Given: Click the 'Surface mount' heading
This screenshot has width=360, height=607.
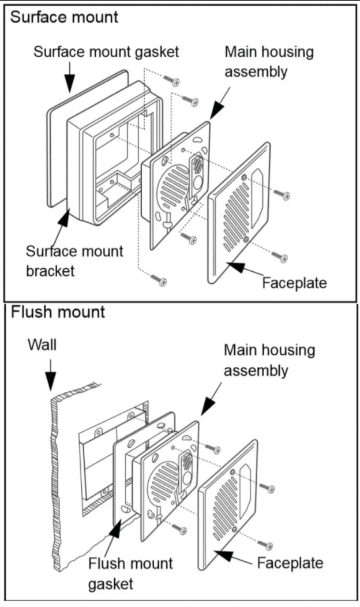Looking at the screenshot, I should (64, 17).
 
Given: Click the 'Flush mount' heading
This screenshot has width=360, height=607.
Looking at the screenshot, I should (58, 313).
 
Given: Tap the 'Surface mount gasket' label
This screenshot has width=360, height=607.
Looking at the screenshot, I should (106, 52).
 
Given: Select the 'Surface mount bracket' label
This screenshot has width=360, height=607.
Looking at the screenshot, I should (74, 261).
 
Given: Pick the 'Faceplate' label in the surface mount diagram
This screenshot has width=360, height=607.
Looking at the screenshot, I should (294, 283).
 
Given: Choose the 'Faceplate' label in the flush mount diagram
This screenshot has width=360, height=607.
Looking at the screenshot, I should (290, 563).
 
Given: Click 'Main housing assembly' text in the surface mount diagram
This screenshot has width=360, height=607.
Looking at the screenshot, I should (269, 62).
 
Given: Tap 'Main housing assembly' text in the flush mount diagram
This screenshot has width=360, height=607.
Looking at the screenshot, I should (269, 359).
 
